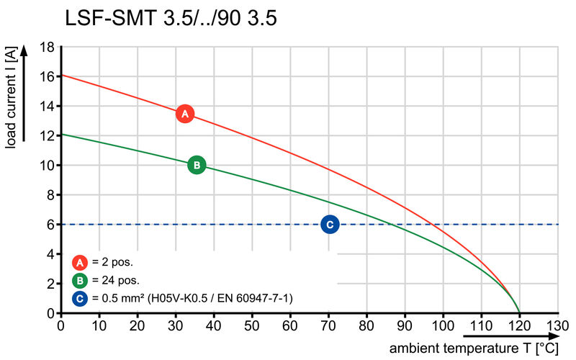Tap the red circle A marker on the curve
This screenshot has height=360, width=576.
[185, 114]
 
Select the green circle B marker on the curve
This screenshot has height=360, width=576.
[197, 165]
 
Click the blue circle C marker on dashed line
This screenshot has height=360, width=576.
[330, 225]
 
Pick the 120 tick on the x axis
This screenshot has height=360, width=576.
[519, 325]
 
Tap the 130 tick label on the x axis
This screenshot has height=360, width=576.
[558, 325]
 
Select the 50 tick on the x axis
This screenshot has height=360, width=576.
[252, 325]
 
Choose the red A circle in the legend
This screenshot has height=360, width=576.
[81, 262]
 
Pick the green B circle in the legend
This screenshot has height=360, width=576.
[81, 280]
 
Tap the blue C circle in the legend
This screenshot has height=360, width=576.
[81, 297]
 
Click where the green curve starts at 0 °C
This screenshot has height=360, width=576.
[61, 134]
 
